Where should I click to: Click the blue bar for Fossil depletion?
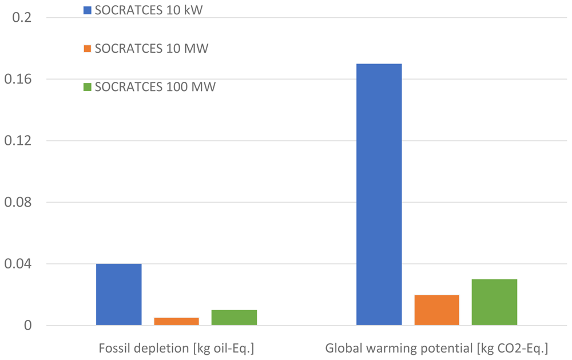[x=119, y=294]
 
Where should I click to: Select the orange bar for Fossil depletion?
[x=177, y=321]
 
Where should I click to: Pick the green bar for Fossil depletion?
[x=234, y=317]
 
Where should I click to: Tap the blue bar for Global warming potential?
[x=379, y=194]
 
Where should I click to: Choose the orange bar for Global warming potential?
[x=436, y=310]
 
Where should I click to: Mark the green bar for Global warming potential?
[x=494, y=302]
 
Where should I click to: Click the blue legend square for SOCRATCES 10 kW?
[x=87, y=10]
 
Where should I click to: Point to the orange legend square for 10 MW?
[x=87, y=49]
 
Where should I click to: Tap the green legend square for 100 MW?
[x=87, y=87]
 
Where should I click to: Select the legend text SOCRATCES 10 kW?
[x=149, y=10]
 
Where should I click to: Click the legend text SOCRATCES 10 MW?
[x=152, y=49]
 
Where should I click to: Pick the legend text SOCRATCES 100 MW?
[x=155, y=87]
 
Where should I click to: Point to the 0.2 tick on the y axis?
[x=22, y=17]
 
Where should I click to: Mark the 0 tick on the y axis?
[x=28, y=325]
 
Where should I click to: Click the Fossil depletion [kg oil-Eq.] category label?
[x=176, y=349]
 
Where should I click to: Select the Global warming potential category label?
[x=436, y=349]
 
